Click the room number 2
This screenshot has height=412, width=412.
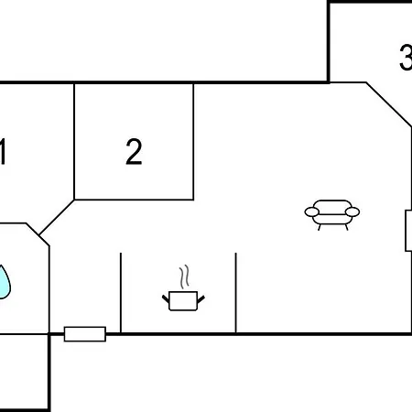pyautogui.click(x=134, y=152)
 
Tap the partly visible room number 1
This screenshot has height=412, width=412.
pyautogui.click(x=3, y=152)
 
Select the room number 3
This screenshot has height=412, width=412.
pyautogui.click(x=406, y=58)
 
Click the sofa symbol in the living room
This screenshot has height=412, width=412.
pyautogui.click(x=332, y=215)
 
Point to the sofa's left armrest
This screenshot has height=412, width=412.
pyautogui.click(x=312, y=211)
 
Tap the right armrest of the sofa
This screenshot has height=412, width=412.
pyautogui.click(x=352, y=211)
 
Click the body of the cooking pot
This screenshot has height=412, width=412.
pyautogui.click(x=183, y=301)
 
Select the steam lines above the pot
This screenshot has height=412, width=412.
pyautogui.click(x=184, y=276)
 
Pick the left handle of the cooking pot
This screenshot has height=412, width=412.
pyautogui.click(x=166, y=298)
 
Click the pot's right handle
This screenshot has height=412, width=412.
pyautogui.click(x=201, y=298)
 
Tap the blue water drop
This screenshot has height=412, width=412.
pyautogui.click(x=5, y=282)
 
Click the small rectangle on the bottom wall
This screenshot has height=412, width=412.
pyautogui.click(x=85, y=334)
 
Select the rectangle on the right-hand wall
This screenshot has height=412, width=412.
pyautogui.click(x=408, y=231)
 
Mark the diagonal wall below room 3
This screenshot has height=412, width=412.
pyautogui.click(x=389, y=104)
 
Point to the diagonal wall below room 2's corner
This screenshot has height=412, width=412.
pyautogui.click(x=57, y=218)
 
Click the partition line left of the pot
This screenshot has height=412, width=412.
pyautogui.click(x=121, y=293)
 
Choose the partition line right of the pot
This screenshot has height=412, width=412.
pyautogui.click(x=236, y=293)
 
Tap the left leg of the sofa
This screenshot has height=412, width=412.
pyautogui.click(x=320, y=227)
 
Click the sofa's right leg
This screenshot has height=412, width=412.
pyautogui.click(x=346, y=227)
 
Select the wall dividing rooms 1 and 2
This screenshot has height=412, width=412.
pyautogui.click(x=74, y=142)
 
